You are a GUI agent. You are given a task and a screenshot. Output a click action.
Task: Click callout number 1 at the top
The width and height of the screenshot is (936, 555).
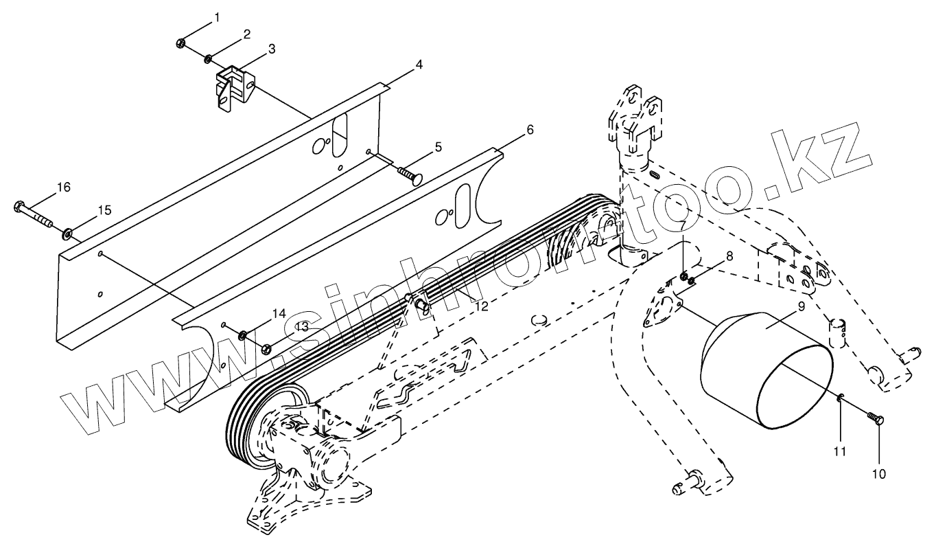[217, 16]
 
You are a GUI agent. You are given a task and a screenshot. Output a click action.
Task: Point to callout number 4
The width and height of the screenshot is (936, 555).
[419, 64]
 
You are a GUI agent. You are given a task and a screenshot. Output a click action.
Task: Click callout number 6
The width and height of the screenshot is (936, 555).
[530, 129]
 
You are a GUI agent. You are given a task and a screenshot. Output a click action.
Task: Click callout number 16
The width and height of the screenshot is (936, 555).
[63, 187]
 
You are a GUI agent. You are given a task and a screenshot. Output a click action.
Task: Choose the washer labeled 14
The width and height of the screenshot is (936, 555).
[243, 336]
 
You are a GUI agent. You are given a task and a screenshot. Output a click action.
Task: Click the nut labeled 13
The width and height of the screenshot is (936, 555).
[266, 349]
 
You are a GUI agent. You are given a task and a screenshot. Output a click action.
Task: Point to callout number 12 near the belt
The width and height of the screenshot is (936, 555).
[482, 306]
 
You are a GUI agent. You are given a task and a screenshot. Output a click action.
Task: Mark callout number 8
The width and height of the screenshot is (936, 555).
[729, 256]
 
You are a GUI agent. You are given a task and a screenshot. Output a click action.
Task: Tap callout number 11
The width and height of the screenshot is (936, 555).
[840, 451]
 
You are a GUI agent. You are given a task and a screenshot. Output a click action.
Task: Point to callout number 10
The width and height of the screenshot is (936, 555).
[879, 473]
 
